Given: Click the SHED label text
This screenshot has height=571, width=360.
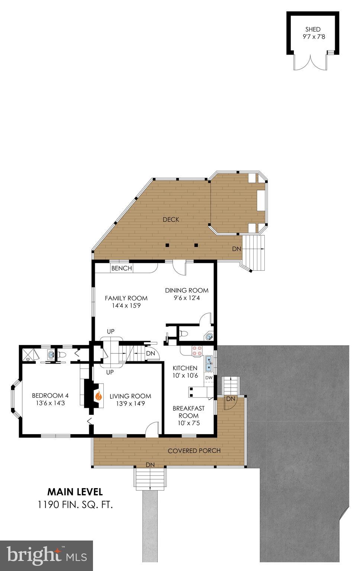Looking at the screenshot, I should (313, 29).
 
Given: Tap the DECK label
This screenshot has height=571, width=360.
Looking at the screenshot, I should (171, 220).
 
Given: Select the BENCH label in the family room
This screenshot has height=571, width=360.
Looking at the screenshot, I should (122, 268).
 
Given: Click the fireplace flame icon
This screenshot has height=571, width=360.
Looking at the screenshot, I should (99, 396).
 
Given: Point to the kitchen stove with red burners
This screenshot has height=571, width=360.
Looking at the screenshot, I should (197, 351).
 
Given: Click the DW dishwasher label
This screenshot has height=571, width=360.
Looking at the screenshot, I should (209, 378).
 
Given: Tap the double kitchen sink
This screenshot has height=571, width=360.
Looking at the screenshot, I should (209, 363).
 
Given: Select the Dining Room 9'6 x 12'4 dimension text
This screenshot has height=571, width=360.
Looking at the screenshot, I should (187, 298).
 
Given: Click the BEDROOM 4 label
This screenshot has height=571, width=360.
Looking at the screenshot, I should (50, 396).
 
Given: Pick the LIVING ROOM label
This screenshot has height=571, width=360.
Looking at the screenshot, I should (130, 396).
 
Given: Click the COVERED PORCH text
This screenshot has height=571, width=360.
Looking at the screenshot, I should (194, 451).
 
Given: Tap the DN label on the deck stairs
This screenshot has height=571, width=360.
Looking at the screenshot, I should (237, 249).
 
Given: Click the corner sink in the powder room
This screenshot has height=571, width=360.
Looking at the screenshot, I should (210, 337).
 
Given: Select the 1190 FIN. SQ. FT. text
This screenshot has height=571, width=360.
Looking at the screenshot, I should (75, 505).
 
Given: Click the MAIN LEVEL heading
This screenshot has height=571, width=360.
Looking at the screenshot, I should (75, 492).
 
